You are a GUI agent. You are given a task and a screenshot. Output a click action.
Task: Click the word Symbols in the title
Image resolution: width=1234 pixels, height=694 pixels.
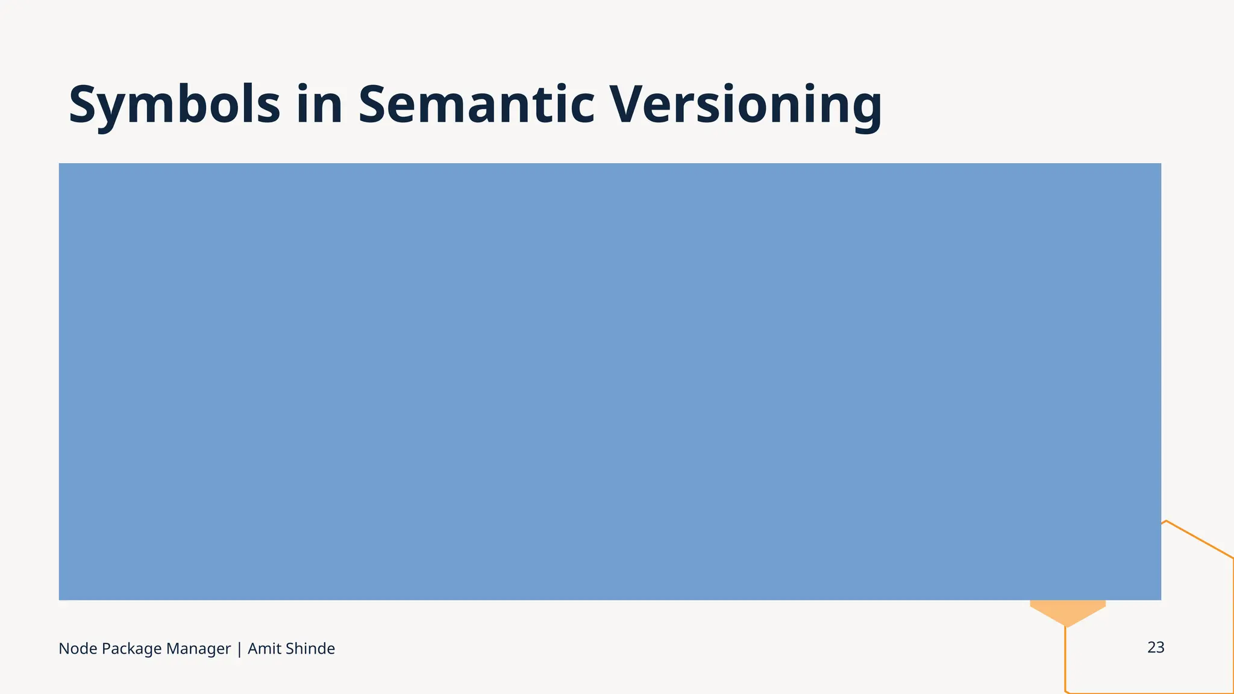coord(174,105)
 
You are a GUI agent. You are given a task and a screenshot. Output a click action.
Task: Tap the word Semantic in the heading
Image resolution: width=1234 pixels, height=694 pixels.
coord(477,105)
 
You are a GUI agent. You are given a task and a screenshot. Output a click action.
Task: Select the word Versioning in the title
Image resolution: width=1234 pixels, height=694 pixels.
coord(746,105)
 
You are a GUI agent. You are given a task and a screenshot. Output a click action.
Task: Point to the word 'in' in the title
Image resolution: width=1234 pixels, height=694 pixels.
coord(319,105)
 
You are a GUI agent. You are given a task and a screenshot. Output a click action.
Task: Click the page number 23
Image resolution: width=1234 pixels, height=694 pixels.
coord(1156,648)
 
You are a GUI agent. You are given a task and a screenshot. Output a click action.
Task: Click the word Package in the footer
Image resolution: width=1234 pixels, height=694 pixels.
coord(131,649)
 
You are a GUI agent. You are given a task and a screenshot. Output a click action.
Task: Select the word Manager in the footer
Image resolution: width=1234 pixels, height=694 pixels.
coord(198,649)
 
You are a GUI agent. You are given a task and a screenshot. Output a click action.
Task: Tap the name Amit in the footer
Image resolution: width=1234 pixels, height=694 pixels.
coord(265,649)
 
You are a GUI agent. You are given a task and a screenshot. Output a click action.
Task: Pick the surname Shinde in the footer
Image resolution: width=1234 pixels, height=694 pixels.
coord(310,649)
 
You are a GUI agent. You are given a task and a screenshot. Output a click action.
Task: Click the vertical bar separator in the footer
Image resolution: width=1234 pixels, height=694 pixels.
coord(239,649)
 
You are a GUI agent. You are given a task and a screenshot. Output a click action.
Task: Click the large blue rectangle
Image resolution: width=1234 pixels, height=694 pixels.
coord(610,381)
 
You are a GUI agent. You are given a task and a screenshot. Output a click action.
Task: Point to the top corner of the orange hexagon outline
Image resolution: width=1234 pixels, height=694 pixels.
coord(1167,521)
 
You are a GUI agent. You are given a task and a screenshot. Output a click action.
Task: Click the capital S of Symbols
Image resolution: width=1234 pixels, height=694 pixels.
coord(84,105)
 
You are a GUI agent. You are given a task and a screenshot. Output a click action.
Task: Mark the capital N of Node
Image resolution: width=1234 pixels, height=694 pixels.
coord(64,649)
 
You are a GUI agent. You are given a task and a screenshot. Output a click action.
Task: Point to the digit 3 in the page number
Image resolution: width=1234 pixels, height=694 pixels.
coord(1160,648)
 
